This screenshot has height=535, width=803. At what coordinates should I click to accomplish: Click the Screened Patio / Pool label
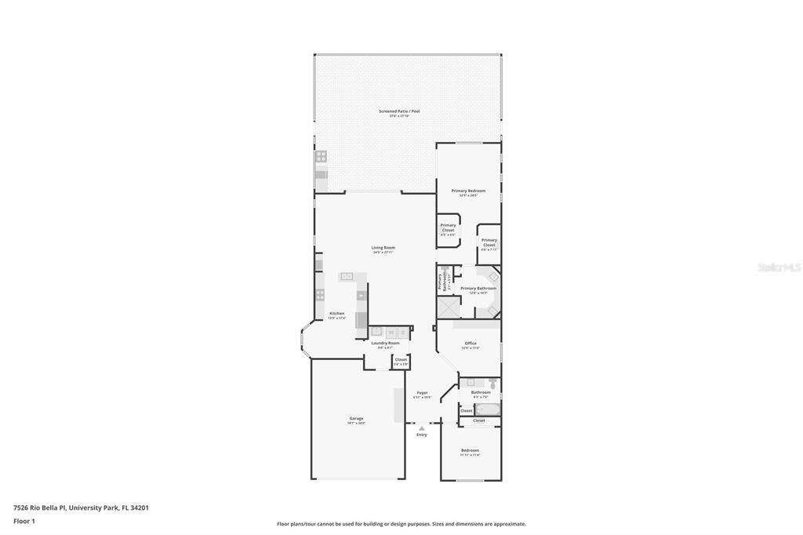399,111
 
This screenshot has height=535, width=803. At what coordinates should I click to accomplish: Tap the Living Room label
383,248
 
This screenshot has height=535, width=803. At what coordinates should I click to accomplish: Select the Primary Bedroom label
468,191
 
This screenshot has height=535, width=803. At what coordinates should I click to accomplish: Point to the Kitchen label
336,314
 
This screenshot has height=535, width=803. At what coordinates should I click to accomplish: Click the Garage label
356,419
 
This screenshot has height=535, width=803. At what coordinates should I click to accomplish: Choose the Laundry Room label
385,344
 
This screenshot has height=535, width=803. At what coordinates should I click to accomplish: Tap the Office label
471,344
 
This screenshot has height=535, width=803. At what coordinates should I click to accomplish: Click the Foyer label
422,393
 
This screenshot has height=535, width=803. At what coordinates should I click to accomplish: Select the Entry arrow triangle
422,428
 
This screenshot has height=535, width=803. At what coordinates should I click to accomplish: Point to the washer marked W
390,333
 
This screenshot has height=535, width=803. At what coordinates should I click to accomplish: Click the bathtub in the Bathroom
487,409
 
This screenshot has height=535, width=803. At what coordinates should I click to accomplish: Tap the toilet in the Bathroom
492,384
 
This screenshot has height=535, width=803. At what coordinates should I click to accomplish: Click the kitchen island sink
347,276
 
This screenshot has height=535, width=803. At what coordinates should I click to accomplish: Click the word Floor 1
24,521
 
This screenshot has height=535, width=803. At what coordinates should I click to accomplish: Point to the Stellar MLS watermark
779,267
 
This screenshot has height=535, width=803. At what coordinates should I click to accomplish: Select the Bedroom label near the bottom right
470,450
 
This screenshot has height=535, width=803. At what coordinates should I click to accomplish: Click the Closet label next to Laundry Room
401,360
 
